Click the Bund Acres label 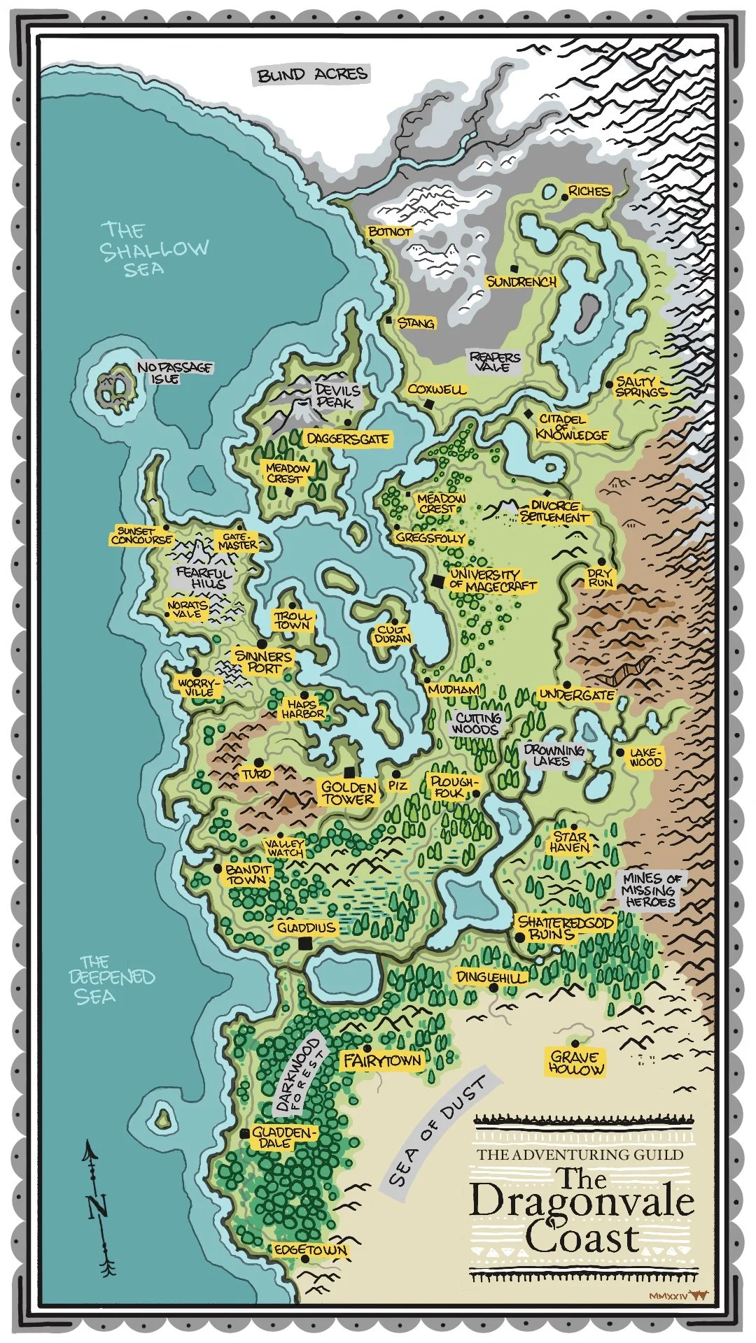(x=312, y=75)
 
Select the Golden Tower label (x=349, y=793)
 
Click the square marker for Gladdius (x=304, y=944)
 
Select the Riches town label (x=589, y=191)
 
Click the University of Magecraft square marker (x=437, y=581)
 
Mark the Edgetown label (x=310, y=1250)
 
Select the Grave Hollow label (x=577, y=1063)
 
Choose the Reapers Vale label (x=495, y=361)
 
